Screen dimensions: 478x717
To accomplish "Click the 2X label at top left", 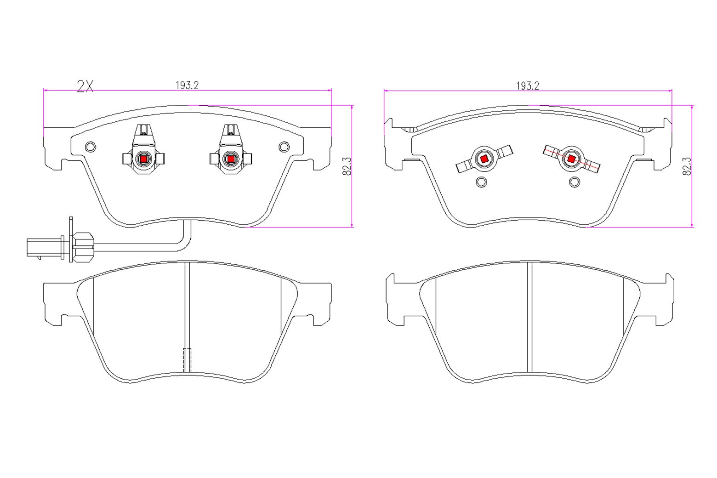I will (85, 86).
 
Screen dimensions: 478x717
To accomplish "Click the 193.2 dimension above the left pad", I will (187, 85).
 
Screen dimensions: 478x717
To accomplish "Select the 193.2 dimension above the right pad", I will (527, 85).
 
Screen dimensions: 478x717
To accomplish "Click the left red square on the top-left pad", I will (143, 159).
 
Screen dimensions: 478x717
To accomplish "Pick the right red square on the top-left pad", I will (230, 159).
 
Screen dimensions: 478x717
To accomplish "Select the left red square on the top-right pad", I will (484, 159).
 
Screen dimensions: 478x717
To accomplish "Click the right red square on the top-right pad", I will (571, 159).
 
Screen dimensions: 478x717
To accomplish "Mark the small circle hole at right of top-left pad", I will (284, 147).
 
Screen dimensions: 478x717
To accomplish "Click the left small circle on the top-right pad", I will (481, 182).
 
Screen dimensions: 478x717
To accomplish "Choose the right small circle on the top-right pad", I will (574, 182).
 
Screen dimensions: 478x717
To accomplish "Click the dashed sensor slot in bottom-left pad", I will (187, 359).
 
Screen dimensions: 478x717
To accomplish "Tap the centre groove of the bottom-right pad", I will (529, 317).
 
